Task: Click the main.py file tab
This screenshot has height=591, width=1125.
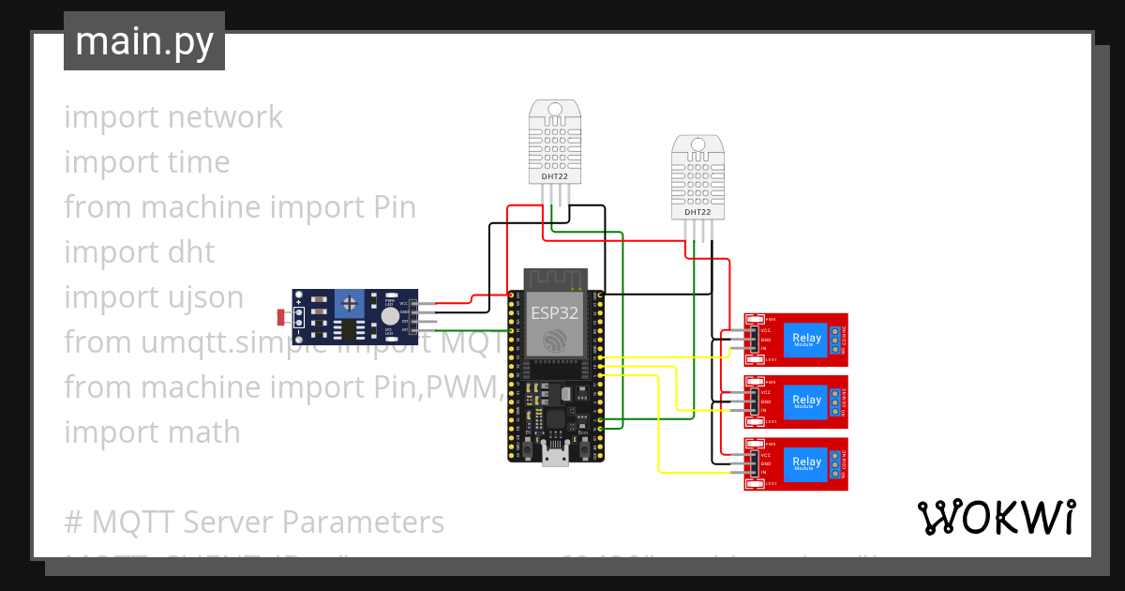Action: (143, 41)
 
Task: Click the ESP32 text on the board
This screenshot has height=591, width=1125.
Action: (554, 311)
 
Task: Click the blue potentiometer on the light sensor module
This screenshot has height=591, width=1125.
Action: (351, 303)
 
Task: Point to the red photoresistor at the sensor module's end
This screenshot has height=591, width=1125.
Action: (281, 316)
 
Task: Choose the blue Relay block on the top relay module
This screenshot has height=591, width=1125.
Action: (806, 340)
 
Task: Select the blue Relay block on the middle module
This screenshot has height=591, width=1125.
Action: (806, 401)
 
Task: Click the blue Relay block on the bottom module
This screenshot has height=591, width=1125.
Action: (806, 462)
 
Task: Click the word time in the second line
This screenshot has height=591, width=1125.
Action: (198, 162)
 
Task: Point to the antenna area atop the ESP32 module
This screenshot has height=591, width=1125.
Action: (554, 279)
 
